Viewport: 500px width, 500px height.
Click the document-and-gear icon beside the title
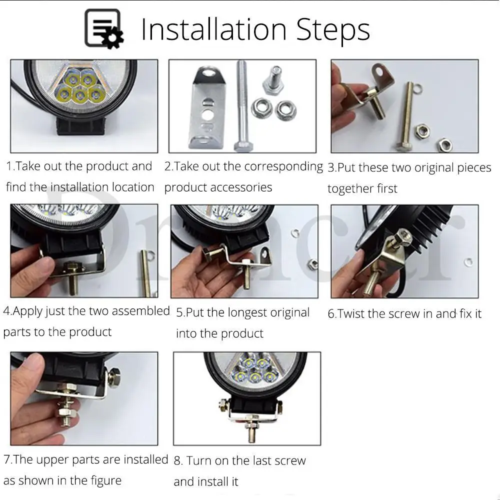(x=104, y=28)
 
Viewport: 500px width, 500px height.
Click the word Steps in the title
(x=333, y=30)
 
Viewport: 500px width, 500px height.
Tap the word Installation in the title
(x=213, y=29)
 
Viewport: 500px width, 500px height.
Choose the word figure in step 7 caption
(x=104, y=480)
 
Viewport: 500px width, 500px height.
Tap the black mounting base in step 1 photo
(x=81, y=125)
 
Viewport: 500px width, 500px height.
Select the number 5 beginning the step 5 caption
(x=179, y=313)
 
